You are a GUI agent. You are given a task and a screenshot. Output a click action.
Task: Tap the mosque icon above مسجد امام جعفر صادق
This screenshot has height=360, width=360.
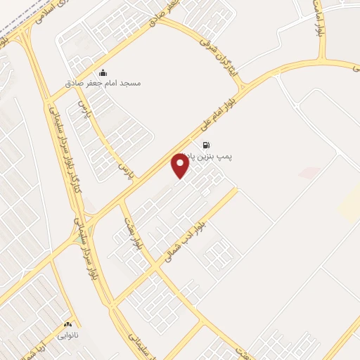[x=103, y=72]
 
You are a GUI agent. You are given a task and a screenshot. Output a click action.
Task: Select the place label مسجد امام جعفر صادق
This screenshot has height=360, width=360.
[x=110, y=83]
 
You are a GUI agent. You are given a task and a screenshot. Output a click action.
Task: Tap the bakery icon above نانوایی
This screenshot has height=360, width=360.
[x=68, y=325]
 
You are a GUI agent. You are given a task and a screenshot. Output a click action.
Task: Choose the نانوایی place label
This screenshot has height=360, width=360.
[x=68, y=335]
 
